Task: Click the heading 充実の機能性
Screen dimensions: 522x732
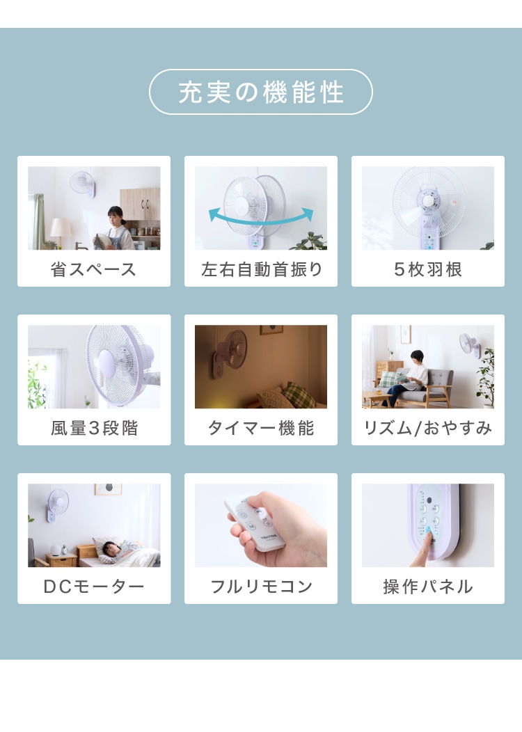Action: (x=261, y=92)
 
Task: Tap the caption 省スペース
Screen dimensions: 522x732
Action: (x=93, y=269)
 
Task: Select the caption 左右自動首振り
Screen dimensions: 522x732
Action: (x=262, y=269)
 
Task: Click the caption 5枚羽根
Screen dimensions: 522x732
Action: (x=427, y=269)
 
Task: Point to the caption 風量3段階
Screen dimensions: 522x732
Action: (x=94, y=428)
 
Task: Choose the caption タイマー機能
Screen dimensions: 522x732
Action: (x=261, y=428)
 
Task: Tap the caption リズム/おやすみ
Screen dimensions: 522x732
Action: (x=427, y=428)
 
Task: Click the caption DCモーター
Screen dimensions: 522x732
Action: (x=94, y=587)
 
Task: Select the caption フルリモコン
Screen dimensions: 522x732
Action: (x=261, y=587)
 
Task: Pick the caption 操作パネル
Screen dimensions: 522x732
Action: (x=427, y=587)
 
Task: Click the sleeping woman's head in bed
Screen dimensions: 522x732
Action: (x=109, y=548)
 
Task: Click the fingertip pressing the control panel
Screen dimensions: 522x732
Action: (x=426, y=532)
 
